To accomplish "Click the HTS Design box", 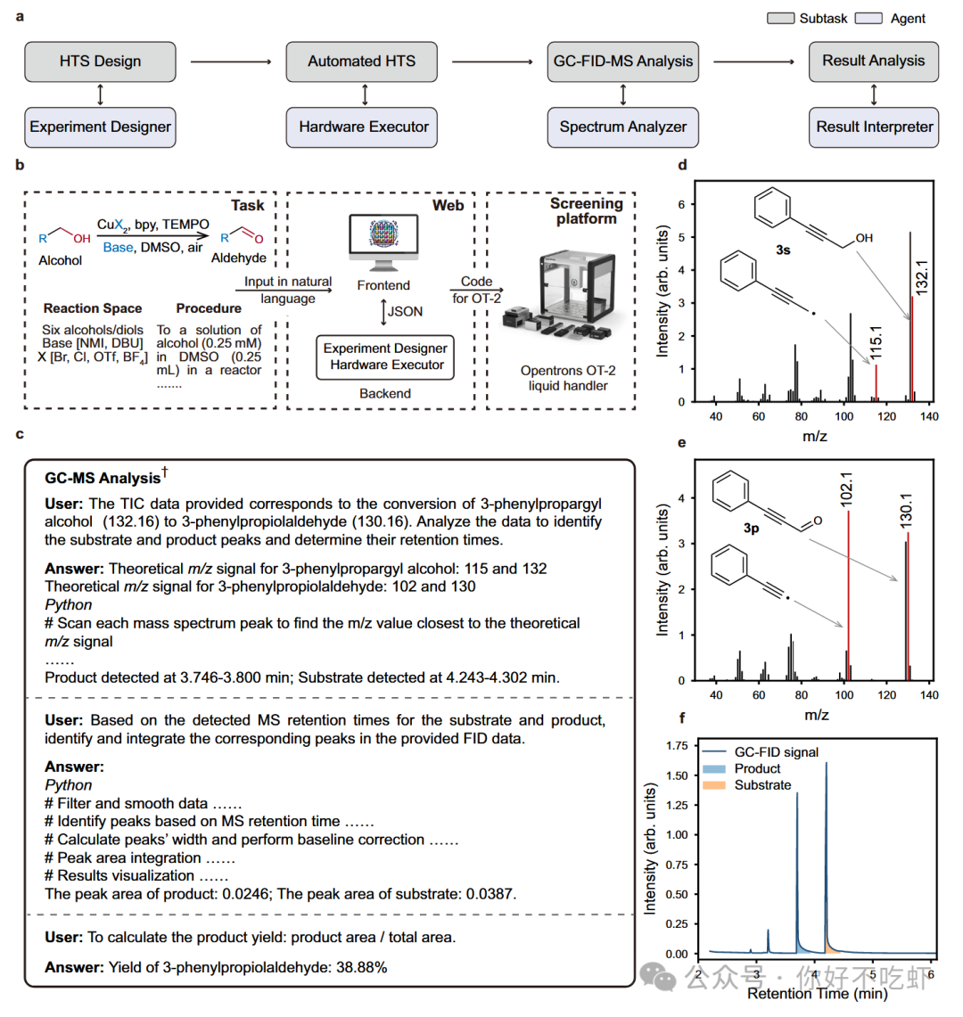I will [x=100, y=62].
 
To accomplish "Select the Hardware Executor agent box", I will [x=364, y=127].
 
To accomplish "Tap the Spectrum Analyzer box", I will [x=622, y=127].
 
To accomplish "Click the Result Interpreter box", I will [x=874, y=127].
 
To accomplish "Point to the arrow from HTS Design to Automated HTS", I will [x=231, y=62].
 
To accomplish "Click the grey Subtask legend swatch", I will [x=780, y=18].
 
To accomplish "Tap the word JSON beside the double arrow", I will [x=405, y=311].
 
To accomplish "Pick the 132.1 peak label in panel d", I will [x=922, y=277].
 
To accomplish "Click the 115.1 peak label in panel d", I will [x=877, y=342].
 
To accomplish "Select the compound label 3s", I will [x=782, y=250].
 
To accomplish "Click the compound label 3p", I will [x=751, y=528].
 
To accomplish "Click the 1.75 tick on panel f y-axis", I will [x=677, y=745].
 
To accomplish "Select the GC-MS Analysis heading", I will [x=103, y=479].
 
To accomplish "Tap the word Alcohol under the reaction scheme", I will [x=61, y=260].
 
